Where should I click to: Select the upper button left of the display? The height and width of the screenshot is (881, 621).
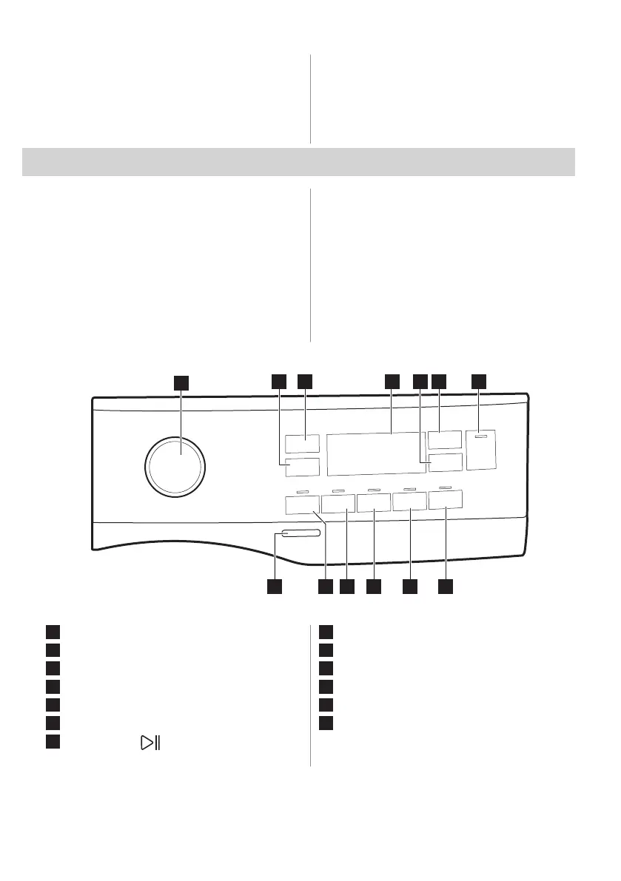click(301, 444)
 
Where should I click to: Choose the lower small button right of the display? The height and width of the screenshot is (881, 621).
click(445, 463)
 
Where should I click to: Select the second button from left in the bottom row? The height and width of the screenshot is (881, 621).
click(338, 504)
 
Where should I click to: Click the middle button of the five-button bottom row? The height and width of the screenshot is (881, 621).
click(374, 504)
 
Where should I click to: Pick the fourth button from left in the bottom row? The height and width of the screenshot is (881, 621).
click(410, 503)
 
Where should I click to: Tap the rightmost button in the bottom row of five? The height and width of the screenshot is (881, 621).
click(446, 500)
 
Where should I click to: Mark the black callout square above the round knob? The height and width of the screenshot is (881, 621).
click(181, 382)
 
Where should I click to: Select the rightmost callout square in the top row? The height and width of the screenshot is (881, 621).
click(479, 381)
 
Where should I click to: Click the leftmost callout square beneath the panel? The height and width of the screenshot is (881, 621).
click(274, 586)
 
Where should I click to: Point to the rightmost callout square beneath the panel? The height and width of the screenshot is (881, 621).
click(445, 586)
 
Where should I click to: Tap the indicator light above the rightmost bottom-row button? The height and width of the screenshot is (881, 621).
click(445, 487)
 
